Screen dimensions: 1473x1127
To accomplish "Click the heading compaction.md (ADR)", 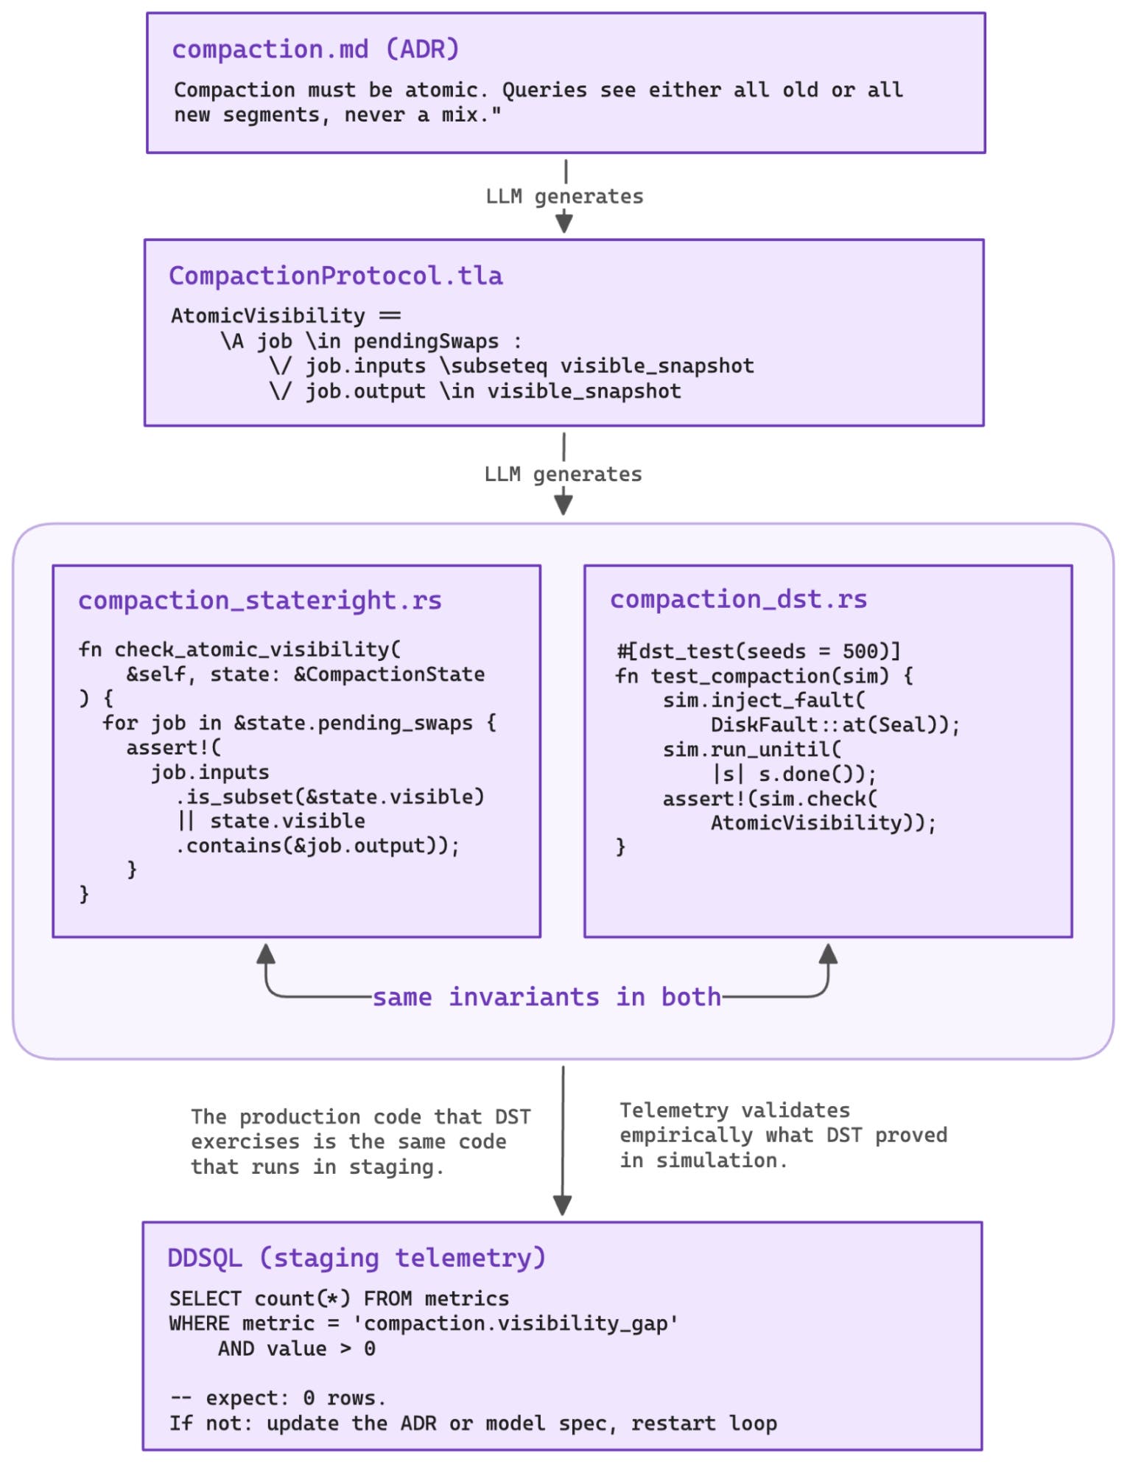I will coord(315,49).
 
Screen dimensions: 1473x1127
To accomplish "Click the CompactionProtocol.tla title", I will coord(335,276).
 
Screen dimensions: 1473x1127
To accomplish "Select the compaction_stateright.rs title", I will coord(259,600).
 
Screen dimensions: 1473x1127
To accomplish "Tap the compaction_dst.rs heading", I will coord(738,599).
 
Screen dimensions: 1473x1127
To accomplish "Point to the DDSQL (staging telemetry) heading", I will coord(357,1257).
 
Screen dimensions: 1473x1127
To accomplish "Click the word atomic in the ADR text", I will coord(445,90).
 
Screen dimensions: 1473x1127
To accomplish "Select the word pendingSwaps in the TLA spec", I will coord(426,341).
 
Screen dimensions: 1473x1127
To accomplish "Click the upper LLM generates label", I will coord(564,197).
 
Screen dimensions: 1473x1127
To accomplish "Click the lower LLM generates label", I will coord(563,474).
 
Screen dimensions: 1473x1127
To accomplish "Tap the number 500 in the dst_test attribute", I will coord(860,651).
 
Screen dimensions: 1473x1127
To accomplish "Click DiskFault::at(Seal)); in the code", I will coord(835,725).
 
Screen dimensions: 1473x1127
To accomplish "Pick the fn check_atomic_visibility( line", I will coord(239,649).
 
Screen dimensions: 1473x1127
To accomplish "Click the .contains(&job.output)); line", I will coord(317,845).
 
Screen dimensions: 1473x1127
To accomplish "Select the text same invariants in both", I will coord(546,997).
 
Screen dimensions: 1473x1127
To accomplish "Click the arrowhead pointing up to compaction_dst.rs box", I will coord(828,954).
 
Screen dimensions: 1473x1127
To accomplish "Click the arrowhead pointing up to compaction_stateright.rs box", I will coord(266,954).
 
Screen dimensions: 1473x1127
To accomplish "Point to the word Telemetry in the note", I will coord(673,1110).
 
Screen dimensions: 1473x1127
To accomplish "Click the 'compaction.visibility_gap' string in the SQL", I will coord(515,1323).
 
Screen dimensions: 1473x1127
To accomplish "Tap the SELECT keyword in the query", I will coord(205,1298).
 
